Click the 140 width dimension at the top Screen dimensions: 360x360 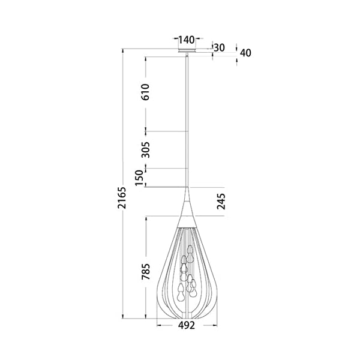187,40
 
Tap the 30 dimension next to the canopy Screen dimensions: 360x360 220,47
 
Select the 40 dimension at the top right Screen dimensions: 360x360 245,52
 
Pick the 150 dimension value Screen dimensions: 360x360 139,178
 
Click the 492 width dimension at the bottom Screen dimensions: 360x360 187,326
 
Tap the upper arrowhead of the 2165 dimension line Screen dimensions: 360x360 123,51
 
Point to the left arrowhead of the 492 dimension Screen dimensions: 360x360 160,326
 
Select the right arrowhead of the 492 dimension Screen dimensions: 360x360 214,326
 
